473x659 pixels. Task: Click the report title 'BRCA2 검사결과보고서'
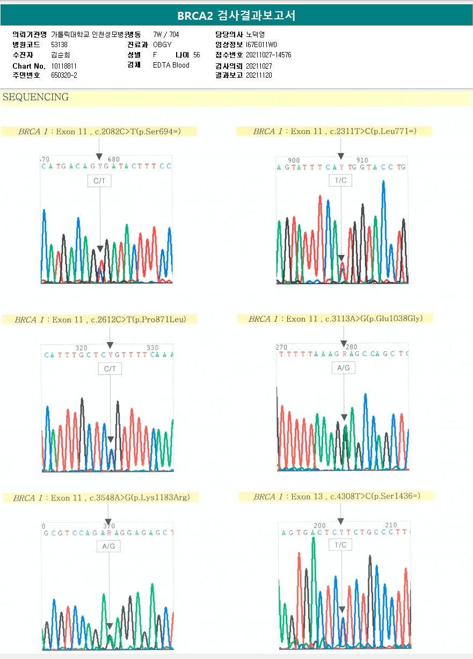236,16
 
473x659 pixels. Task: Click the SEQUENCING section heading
35,97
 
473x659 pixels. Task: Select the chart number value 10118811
64,66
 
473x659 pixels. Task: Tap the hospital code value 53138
59,45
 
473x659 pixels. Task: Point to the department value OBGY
162,45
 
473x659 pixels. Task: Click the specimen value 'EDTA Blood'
171,65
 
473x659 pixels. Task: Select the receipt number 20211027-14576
268,55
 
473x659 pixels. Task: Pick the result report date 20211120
259,75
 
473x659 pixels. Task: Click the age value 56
197,55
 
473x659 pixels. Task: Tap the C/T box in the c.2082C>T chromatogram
99,181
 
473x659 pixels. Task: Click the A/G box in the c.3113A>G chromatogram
343,368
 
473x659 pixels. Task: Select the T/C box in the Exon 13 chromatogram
340,545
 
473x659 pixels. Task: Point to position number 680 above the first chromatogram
113,159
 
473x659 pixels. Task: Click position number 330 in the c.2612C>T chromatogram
152,348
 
